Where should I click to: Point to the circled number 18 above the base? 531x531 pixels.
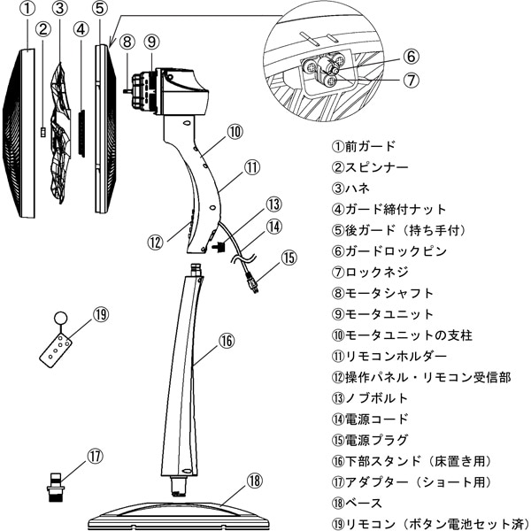[x=255, y=481]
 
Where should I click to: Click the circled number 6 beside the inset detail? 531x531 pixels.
[x=411, y=55]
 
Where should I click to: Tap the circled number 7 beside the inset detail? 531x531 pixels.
[x=411, y=79]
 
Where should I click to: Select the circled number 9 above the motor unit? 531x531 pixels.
[x=151, y=41]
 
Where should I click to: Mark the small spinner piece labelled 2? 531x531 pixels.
[x=44, y=132]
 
